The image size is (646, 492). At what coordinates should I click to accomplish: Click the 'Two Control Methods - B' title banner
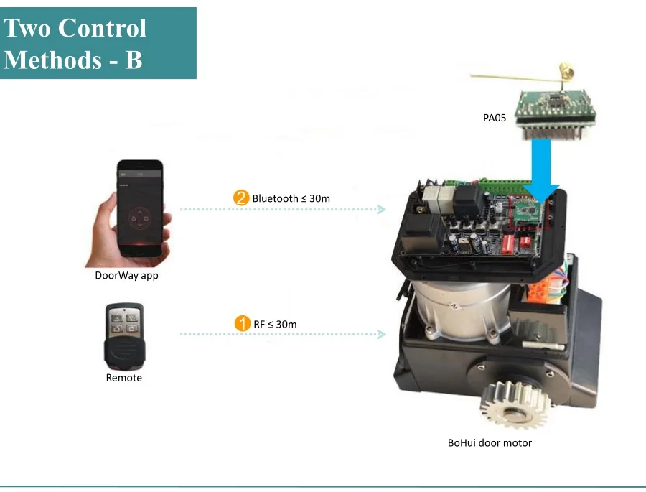(98, 43)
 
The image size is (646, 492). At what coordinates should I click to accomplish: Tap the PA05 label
(495, 117)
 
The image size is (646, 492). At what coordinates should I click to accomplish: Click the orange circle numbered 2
(241, 198)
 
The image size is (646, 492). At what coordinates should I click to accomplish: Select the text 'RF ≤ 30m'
(275, 325)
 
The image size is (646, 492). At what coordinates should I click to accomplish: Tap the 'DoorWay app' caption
(126, 275)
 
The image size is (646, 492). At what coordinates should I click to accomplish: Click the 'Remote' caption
(124, 378)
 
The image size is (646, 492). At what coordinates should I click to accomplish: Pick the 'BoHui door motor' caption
(490, 443)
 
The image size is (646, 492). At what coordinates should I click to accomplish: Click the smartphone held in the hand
(141, 209)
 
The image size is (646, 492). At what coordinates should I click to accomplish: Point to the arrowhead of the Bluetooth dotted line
(383, 210)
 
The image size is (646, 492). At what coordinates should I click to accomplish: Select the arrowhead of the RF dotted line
(383, 335)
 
